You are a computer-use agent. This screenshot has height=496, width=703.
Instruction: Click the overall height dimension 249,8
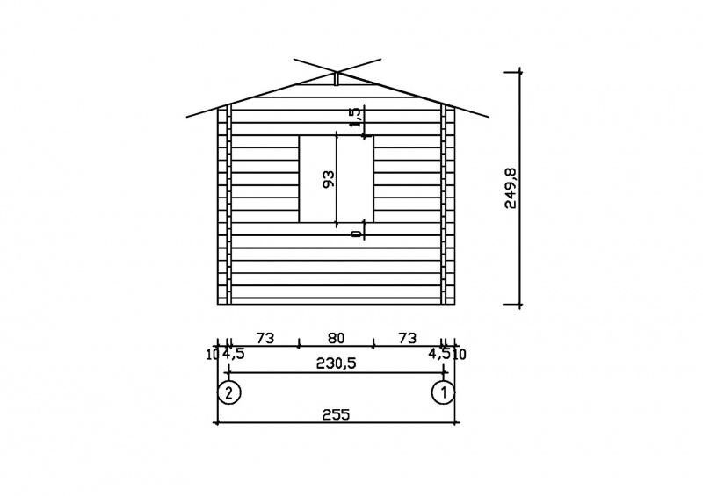pos(511,188)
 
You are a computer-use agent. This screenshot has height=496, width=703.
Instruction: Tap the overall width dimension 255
pos(336,415)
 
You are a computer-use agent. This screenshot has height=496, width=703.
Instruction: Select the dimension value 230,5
pos(336,363)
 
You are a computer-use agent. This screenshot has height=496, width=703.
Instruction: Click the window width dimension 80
pos(336,338)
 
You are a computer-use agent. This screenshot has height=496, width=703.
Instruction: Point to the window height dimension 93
pos(329,179)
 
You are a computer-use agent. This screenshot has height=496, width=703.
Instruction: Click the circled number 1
pos(444,392)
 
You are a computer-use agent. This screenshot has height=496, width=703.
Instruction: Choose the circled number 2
pos(229,392)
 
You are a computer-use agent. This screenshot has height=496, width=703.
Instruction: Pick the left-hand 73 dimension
pos(265,338)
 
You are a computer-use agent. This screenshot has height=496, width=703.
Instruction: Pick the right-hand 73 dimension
pos(407,338)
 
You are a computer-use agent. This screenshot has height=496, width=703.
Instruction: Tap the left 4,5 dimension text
pos(233,354)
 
